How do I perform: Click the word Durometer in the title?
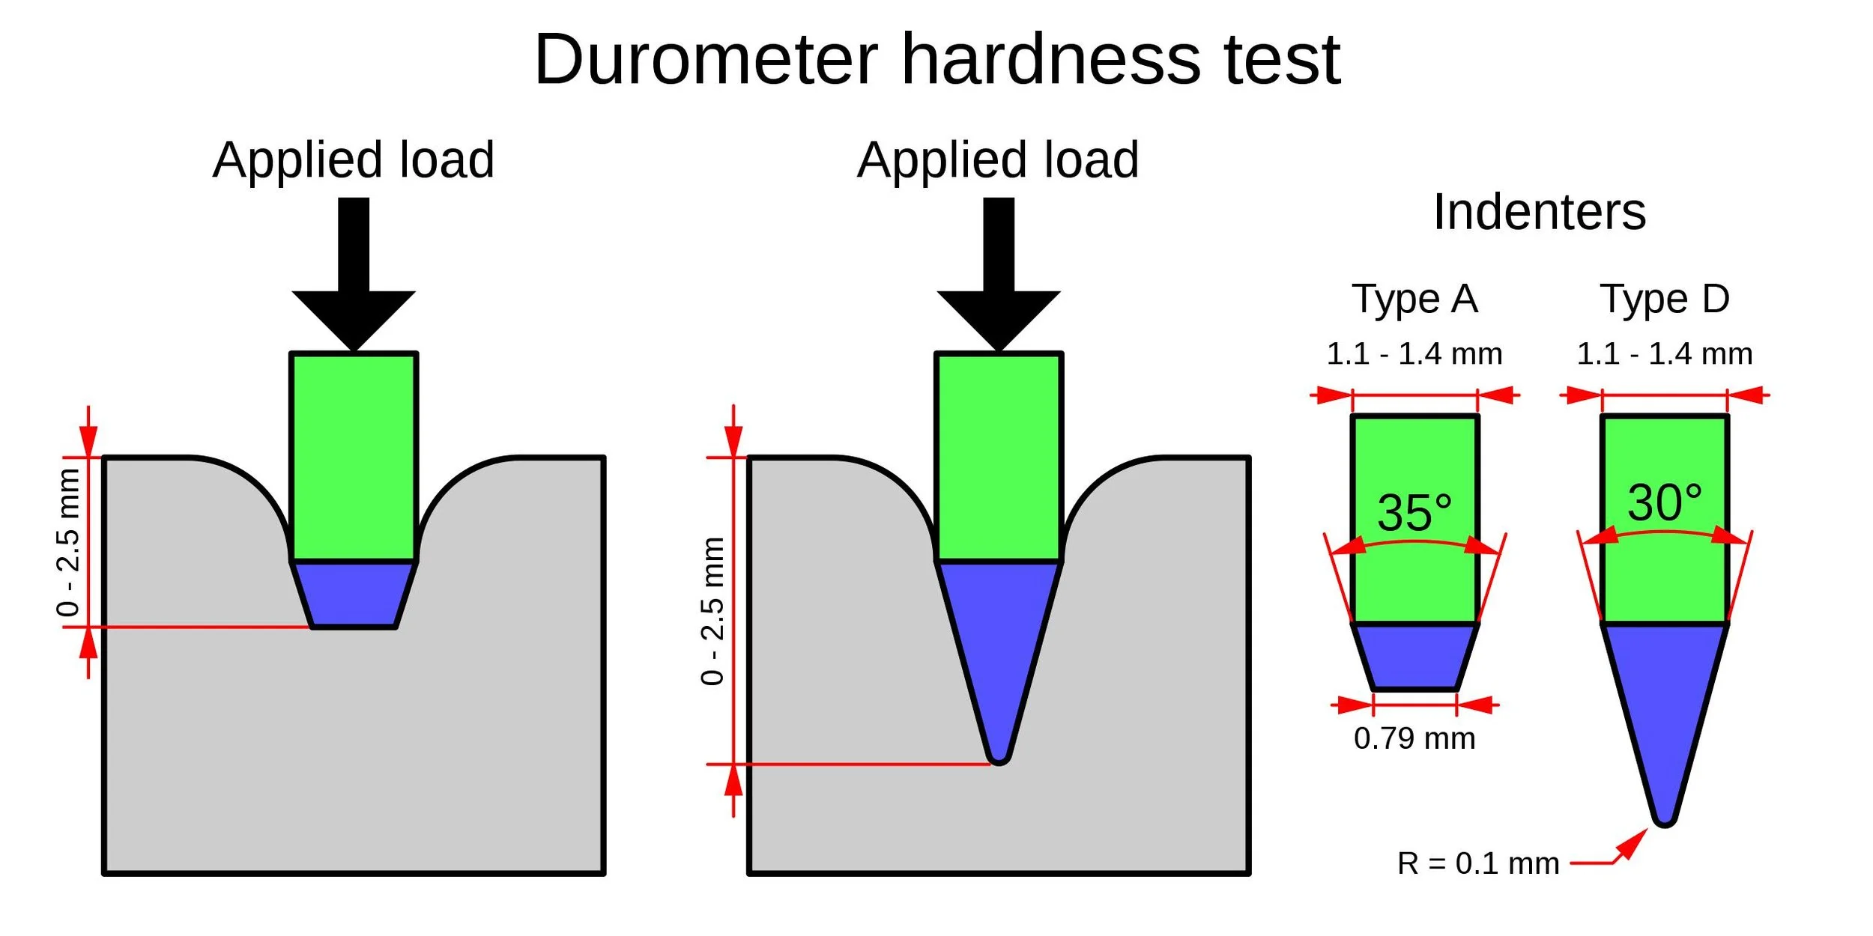706,60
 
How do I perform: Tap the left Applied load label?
353,159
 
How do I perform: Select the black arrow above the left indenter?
354,285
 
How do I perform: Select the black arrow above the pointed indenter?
998,285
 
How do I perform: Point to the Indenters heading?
1539,212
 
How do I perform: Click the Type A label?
1414,299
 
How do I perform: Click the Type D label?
1665,299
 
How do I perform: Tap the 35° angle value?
1414,513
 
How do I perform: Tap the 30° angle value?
1665,502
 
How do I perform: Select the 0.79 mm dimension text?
1414,738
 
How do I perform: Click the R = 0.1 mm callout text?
1478,863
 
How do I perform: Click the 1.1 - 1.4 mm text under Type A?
1414,354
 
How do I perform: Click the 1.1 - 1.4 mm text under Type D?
1665,354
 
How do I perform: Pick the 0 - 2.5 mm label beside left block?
68,543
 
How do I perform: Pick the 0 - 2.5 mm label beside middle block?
712,611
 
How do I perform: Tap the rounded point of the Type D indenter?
1665,818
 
